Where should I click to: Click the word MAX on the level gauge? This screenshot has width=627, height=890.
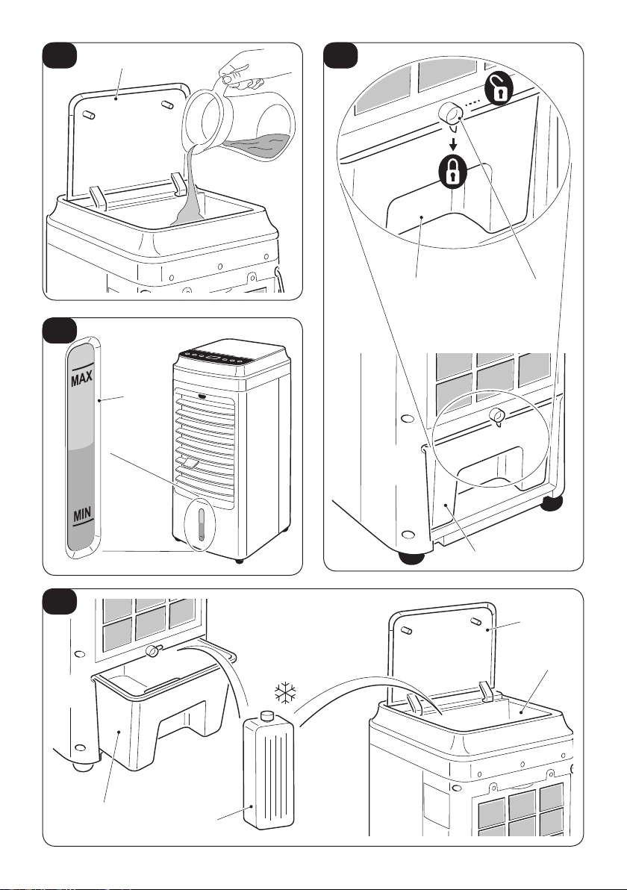(x=81, y=378)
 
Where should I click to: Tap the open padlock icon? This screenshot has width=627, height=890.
(x=498, y=89)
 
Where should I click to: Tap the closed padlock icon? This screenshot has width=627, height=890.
(x=453, y=170)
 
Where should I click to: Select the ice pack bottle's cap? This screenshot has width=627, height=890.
(x=267, y=715)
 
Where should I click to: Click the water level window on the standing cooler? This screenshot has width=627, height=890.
(x=200, y=525)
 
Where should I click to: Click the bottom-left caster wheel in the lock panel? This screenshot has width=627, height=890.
(x=411, y=559)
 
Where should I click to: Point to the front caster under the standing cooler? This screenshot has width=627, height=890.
(x=239, y=561)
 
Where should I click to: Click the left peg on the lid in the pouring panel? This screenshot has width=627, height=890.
(x=89, y=114)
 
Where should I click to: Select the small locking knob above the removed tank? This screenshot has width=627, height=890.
(x=153, y=652)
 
